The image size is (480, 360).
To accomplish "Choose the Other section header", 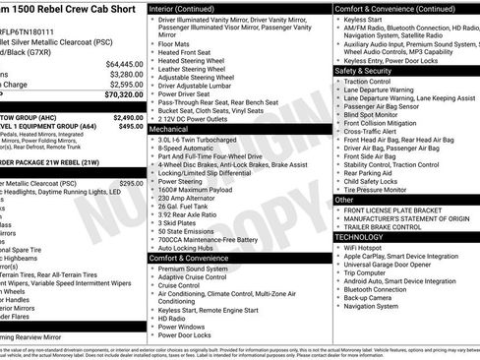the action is tap(345, 200).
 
